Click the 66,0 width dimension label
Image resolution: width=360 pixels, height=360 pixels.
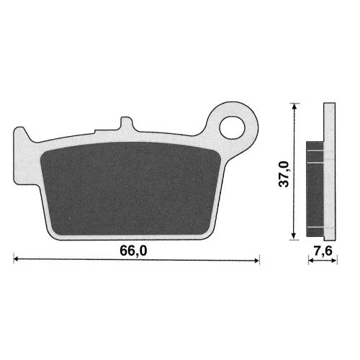pyautogui.click(x=133, y=251)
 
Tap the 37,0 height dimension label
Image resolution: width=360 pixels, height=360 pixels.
pyautogui.click(x=284, y=174)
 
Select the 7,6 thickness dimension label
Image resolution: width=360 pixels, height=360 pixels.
pyautogui.click(x=323, y=251)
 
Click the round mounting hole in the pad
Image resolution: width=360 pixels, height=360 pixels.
pyautogui.click(x=232, y=127)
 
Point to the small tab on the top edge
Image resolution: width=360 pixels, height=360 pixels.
pyautogui.click(x=127, y=124)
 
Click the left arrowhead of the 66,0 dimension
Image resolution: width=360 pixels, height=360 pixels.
pyautogui.click(x=16, y=259)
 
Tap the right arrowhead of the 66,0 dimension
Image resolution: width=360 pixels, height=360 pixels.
pyautogui.click(x=256, y=260)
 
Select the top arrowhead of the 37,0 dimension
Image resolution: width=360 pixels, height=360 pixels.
pyautogui.click(x=294, y=106)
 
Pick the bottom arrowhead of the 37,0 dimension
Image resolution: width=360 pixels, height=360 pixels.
pyautogui.click(x=294, y=236)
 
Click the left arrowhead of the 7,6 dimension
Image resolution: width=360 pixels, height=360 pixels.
pyautogui.click(x=311, y=260)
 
